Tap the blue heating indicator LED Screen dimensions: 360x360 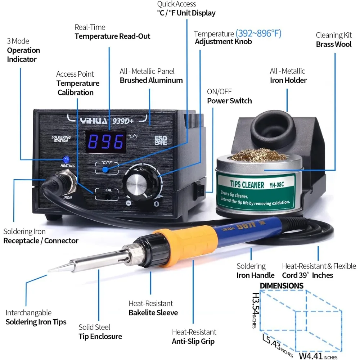point(66,159)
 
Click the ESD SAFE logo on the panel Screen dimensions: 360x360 point(161,140)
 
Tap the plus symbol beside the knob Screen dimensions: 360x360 point(156,204)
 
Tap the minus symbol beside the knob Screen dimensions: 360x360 point(129,203)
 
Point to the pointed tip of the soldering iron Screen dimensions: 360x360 point(51,270)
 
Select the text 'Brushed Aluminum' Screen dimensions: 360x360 point(151,80)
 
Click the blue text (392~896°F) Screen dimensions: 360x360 point(258,34)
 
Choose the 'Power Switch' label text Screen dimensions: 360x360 point(229,101)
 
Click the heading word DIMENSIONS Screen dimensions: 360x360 point(282,286)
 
